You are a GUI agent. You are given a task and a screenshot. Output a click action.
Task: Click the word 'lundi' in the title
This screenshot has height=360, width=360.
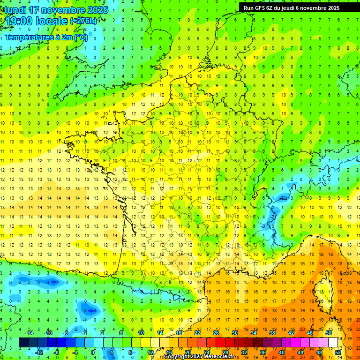pyautogui.click(x=15, y=10)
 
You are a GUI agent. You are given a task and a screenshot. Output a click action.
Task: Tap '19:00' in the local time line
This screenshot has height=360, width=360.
pyautogui.click(x=17, y=21)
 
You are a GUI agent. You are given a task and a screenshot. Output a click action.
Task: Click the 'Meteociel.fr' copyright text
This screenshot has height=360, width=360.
pyautogui.click(x=218, y=357)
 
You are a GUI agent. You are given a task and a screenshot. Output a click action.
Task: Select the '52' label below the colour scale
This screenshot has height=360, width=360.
pyautogui.click(x=338, y=352)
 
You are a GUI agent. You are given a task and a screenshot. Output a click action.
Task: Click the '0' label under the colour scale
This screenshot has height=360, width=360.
pyautogui.click(x=92, y=352)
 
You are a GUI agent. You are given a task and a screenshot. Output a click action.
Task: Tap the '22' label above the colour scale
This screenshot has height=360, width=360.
pyautogui.click(x=197, y=333)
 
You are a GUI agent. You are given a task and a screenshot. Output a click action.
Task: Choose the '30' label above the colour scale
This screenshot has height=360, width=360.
pyautogui.click(x=235, y=333)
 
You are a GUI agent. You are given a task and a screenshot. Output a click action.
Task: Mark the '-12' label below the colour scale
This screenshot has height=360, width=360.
pyautogui.click(x=39, y=352)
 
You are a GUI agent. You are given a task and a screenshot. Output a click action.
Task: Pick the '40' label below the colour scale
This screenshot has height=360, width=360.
pyautogui.click(x=282, y=352)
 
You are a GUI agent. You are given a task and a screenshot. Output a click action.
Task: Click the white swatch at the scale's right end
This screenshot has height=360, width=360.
pyautogui.click(x=333, y=343)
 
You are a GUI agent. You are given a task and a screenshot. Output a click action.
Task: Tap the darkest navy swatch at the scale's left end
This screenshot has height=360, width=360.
pyautogui.click(x=23, y=343)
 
